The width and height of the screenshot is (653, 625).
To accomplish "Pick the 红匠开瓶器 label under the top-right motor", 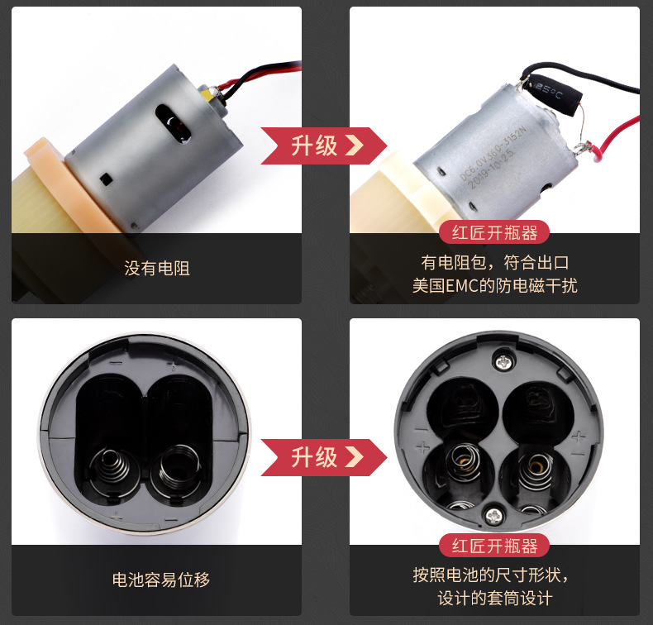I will tap(494, 233).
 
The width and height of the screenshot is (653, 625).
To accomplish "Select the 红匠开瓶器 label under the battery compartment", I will tap(494, 546).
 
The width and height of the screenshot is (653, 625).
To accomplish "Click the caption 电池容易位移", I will tap(161, 580).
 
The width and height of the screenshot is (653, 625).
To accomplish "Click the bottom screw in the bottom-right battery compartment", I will tap(493, 514).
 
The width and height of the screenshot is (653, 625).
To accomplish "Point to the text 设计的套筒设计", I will tap(494, 599).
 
